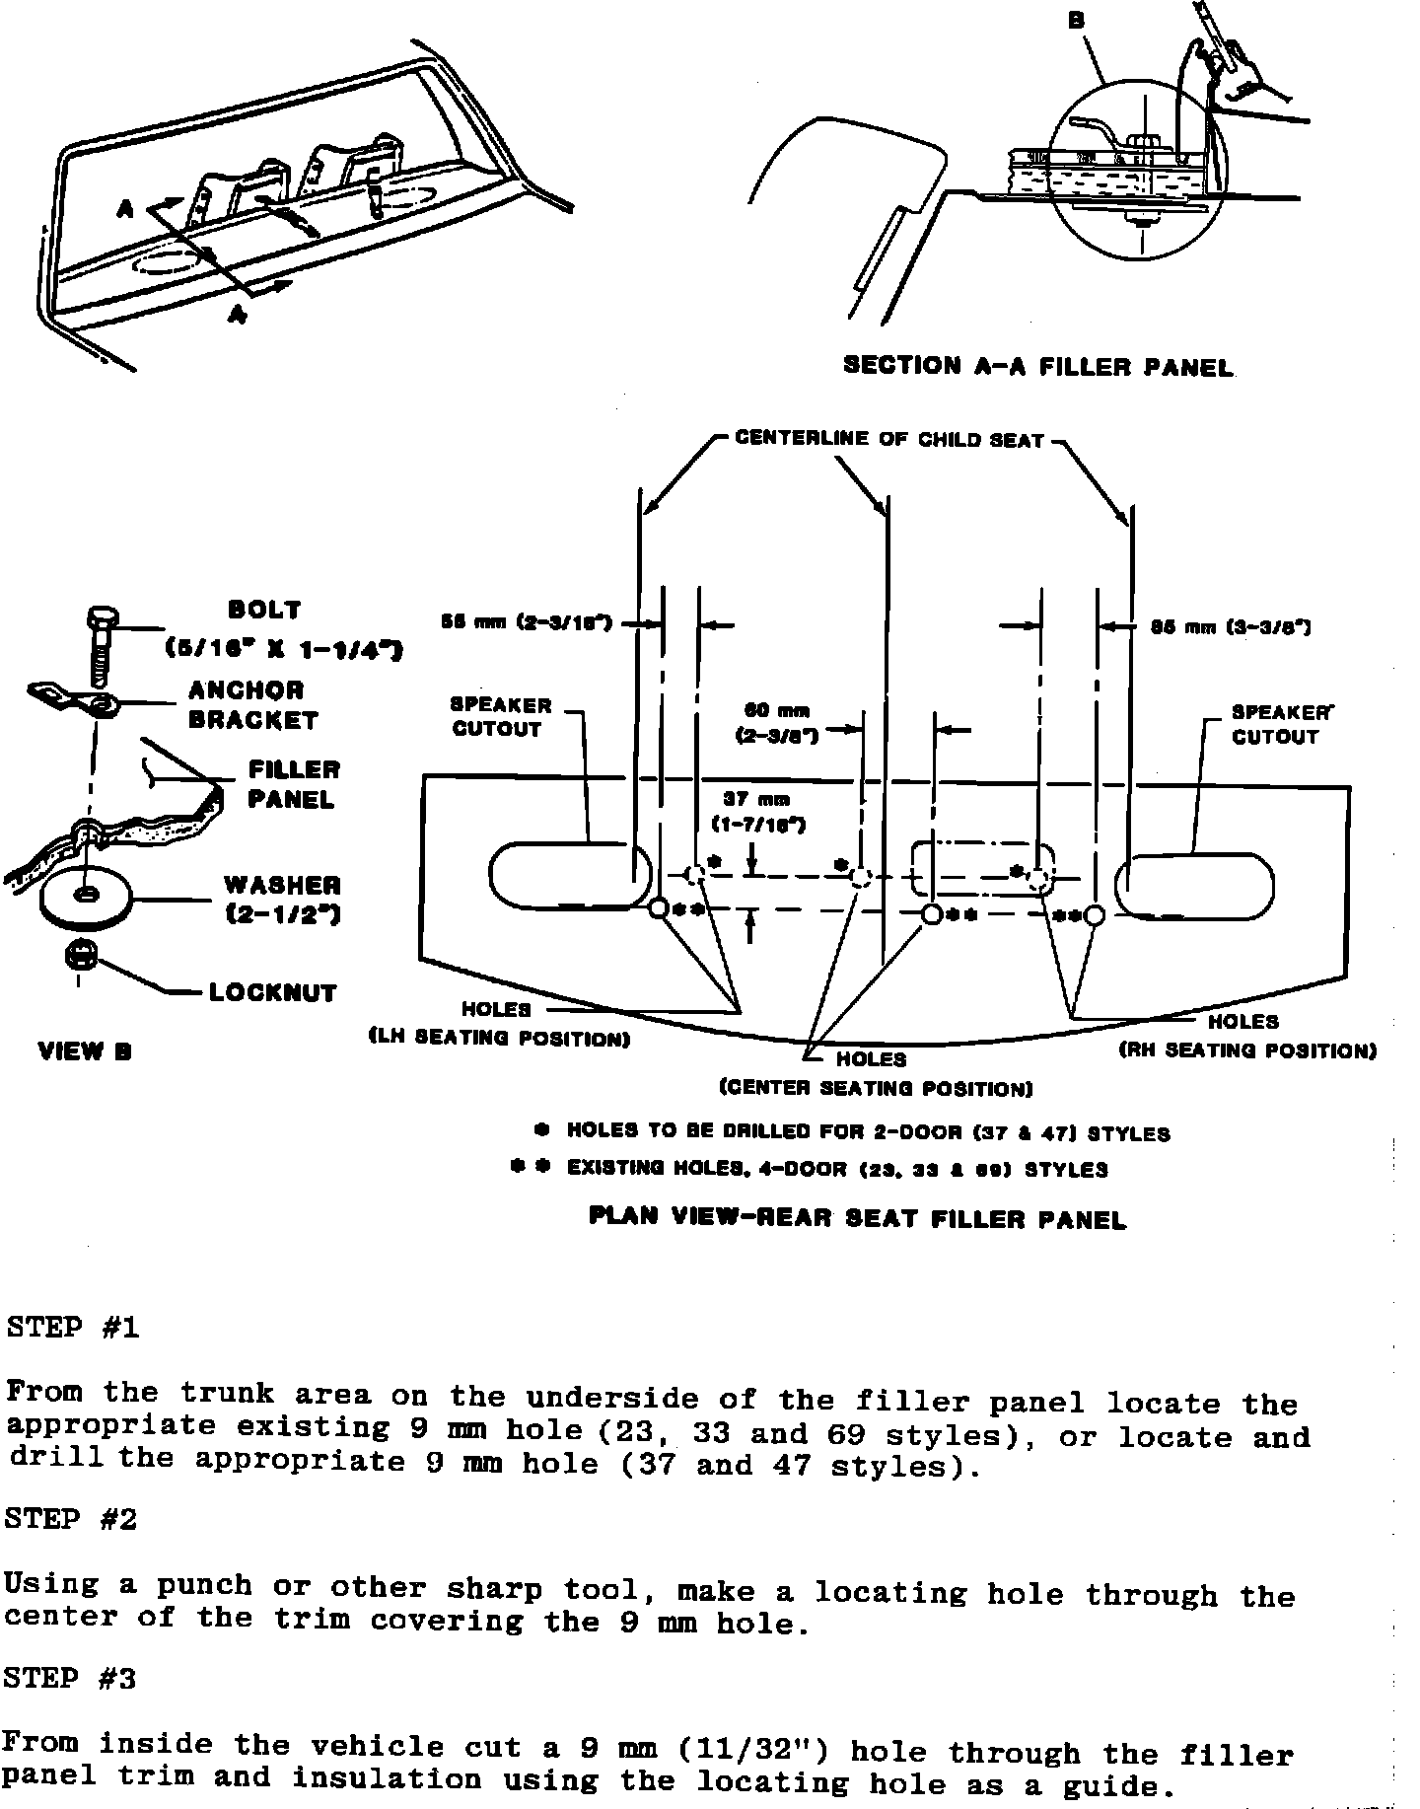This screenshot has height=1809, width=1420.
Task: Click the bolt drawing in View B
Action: tap(99, 646)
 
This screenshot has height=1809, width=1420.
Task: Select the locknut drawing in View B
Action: tap(80, 956)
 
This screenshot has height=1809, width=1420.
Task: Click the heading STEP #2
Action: tap(70, 1519)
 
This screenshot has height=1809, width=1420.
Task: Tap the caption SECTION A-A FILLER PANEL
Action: tap(1037, 367)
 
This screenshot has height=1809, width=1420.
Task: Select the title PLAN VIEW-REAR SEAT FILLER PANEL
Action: tap(857, 1218)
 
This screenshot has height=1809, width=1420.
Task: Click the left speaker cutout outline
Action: tap(569, 875)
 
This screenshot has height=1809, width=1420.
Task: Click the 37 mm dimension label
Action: tap(757, 812)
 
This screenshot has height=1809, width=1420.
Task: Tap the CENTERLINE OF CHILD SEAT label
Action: tap(888, 440)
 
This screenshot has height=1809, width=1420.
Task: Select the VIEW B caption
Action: tap(85, 1051)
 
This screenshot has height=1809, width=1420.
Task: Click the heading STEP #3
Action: tap(70, 1679)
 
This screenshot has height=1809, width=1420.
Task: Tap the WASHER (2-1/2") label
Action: tap(282, 900)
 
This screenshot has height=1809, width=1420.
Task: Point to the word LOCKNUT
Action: tap(272, 992)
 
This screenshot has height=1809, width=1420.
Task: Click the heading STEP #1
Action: tap(72, 1328)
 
